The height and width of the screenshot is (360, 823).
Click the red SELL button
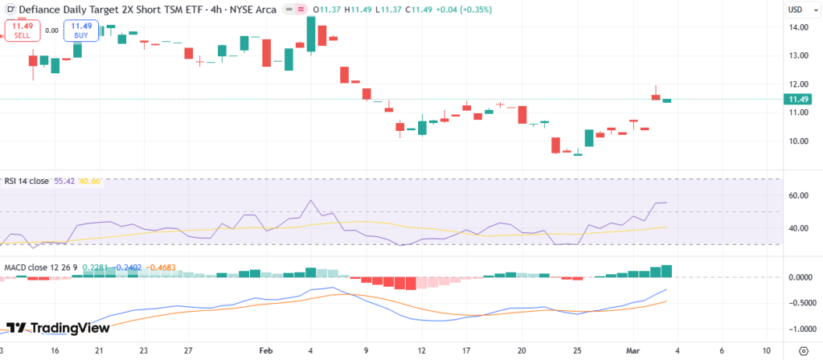point(22,30)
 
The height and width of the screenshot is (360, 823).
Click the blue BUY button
point(82,30)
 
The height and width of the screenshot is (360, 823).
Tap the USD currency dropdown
point(798,10)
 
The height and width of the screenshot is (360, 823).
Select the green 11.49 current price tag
point(797,100)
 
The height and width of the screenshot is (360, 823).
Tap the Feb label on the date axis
point(266,351)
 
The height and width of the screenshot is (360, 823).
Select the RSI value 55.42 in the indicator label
point(63,182)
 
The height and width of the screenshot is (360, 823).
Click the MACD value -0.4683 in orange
point(165,268)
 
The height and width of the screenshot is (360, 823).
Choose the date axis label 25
point(577,351)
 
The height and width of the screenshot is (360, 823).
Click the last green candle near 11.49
point(666,100)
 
